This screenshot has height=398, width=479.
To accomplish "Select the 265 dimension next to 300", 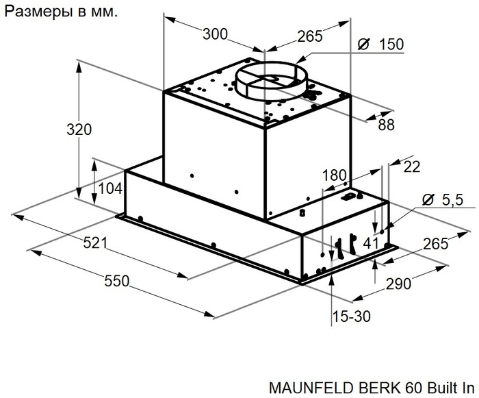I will point(309,36).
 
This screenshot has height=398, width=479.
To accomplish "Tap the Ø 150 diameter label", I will point(381,45).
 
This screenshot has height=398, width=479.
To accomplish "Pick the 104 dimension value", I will point(110,188).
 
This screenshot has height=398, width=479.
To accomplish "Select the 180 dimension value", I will point(335,175).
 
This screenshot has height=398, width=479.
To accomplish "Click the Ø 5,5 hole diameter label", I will point(443,200).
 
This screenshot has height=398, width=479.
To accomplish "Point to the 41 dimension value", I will point(370,242).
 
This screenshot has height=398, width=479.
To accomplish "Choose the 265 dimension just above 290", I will point(435,244).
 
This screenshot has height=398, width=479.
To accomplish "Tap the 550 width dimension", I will point(118,279).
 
